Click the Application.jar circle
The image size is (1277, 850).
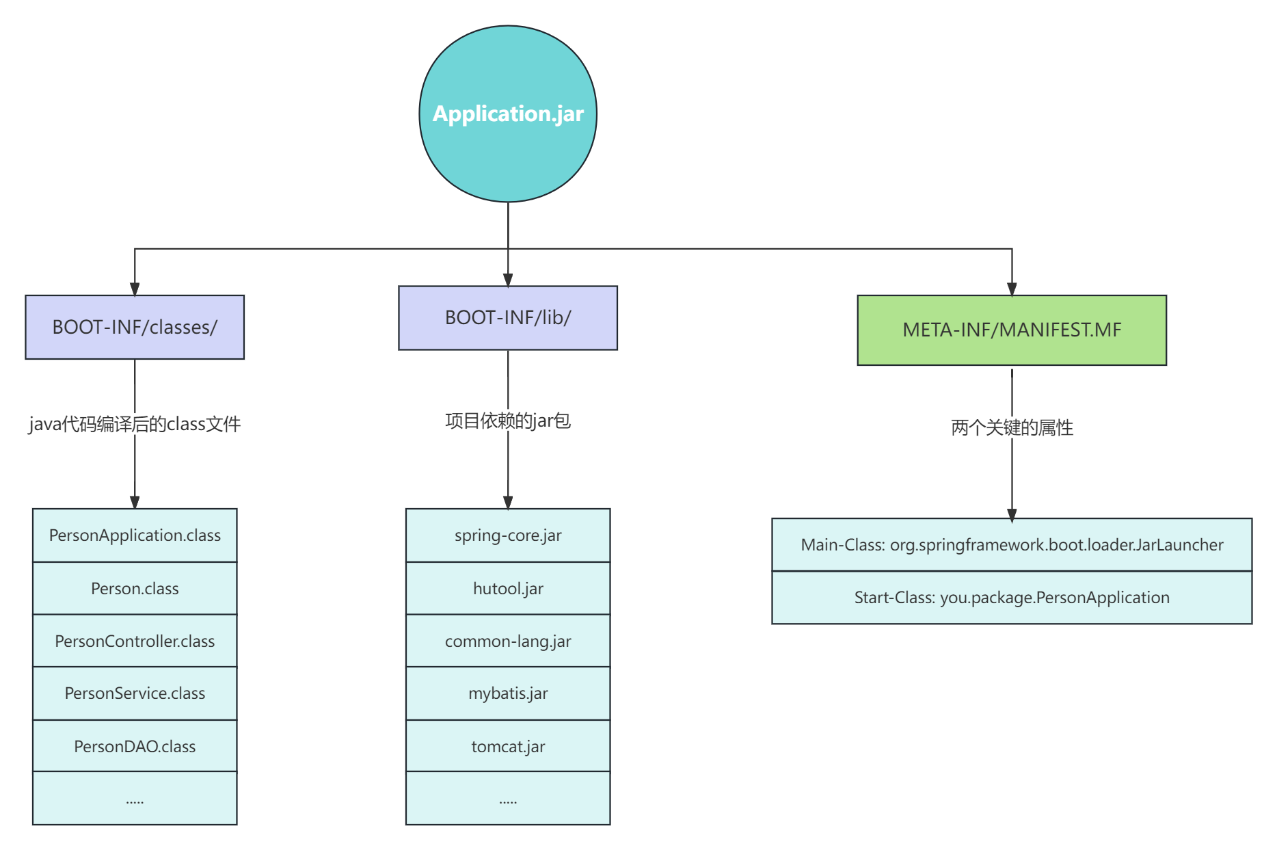click(508, 114)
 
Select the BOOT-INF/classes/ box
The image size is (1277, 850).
click(135, 328)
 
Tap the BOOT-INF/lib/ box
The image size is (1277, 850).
click(508, 318)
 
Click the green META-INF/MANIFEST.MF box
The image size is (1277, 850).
click(1012, 330)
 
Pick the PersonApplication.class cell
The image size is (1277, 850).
click(135, 535)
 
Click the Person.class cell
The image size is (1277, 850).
click(135, 589)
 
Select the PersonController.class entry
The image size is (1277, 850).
click(135, 641)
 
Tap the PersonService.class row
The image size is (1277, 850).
click(135, 693)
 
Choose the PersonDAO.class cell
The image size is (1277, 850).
click(135, 747)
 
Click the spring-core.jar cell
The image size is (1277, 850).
click(508, 535)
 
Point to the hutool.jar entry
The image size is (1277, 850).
click(508, 589)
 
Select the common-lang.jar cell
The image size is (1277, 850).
click(508, 641)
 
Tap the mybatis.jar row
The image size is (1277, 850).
click(508, 693)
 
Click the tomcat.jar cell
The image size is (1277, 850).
click(508, 747)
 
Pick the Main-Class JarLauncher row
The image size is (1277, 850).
click(1012, 545)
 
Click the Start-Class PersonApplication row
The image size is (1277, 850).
click(1012, 598)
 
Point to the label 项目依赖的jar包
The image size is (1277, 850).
click(508, 421)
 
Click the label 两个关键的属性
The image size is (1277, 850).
click(1012, 427)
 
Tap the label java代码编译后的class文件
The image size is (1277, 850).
click(135, 424)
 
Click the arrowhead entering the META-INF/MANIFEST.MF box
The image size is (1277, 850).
click(1012, 289)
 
